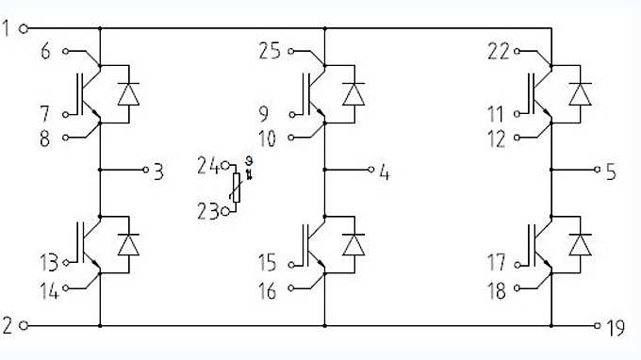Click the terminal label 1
[7, 28]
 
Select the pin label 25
[270, 51]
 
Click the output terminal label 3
[158, 171]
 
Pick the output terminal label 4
[384, 172]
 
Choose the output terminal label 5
[611, 172]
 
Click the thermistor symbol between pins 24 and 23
[241, 189]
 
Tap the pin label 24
[207, 167]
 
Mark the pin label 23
[207, 212]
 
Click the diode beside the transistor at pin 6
[126, 93]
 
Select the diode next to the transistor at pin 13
[126, 243]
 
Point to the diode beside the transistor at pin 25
[353, 93]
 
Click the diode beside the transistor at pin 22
[581, 93]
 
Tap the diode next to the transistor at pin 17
[581, 243]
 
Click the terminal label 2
[7, 326]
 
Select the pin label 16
[268, 292]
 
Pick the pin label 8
[44, 139]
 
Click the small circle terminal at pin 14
[65, 289]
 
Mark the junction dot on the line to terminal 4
[325, 171]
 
